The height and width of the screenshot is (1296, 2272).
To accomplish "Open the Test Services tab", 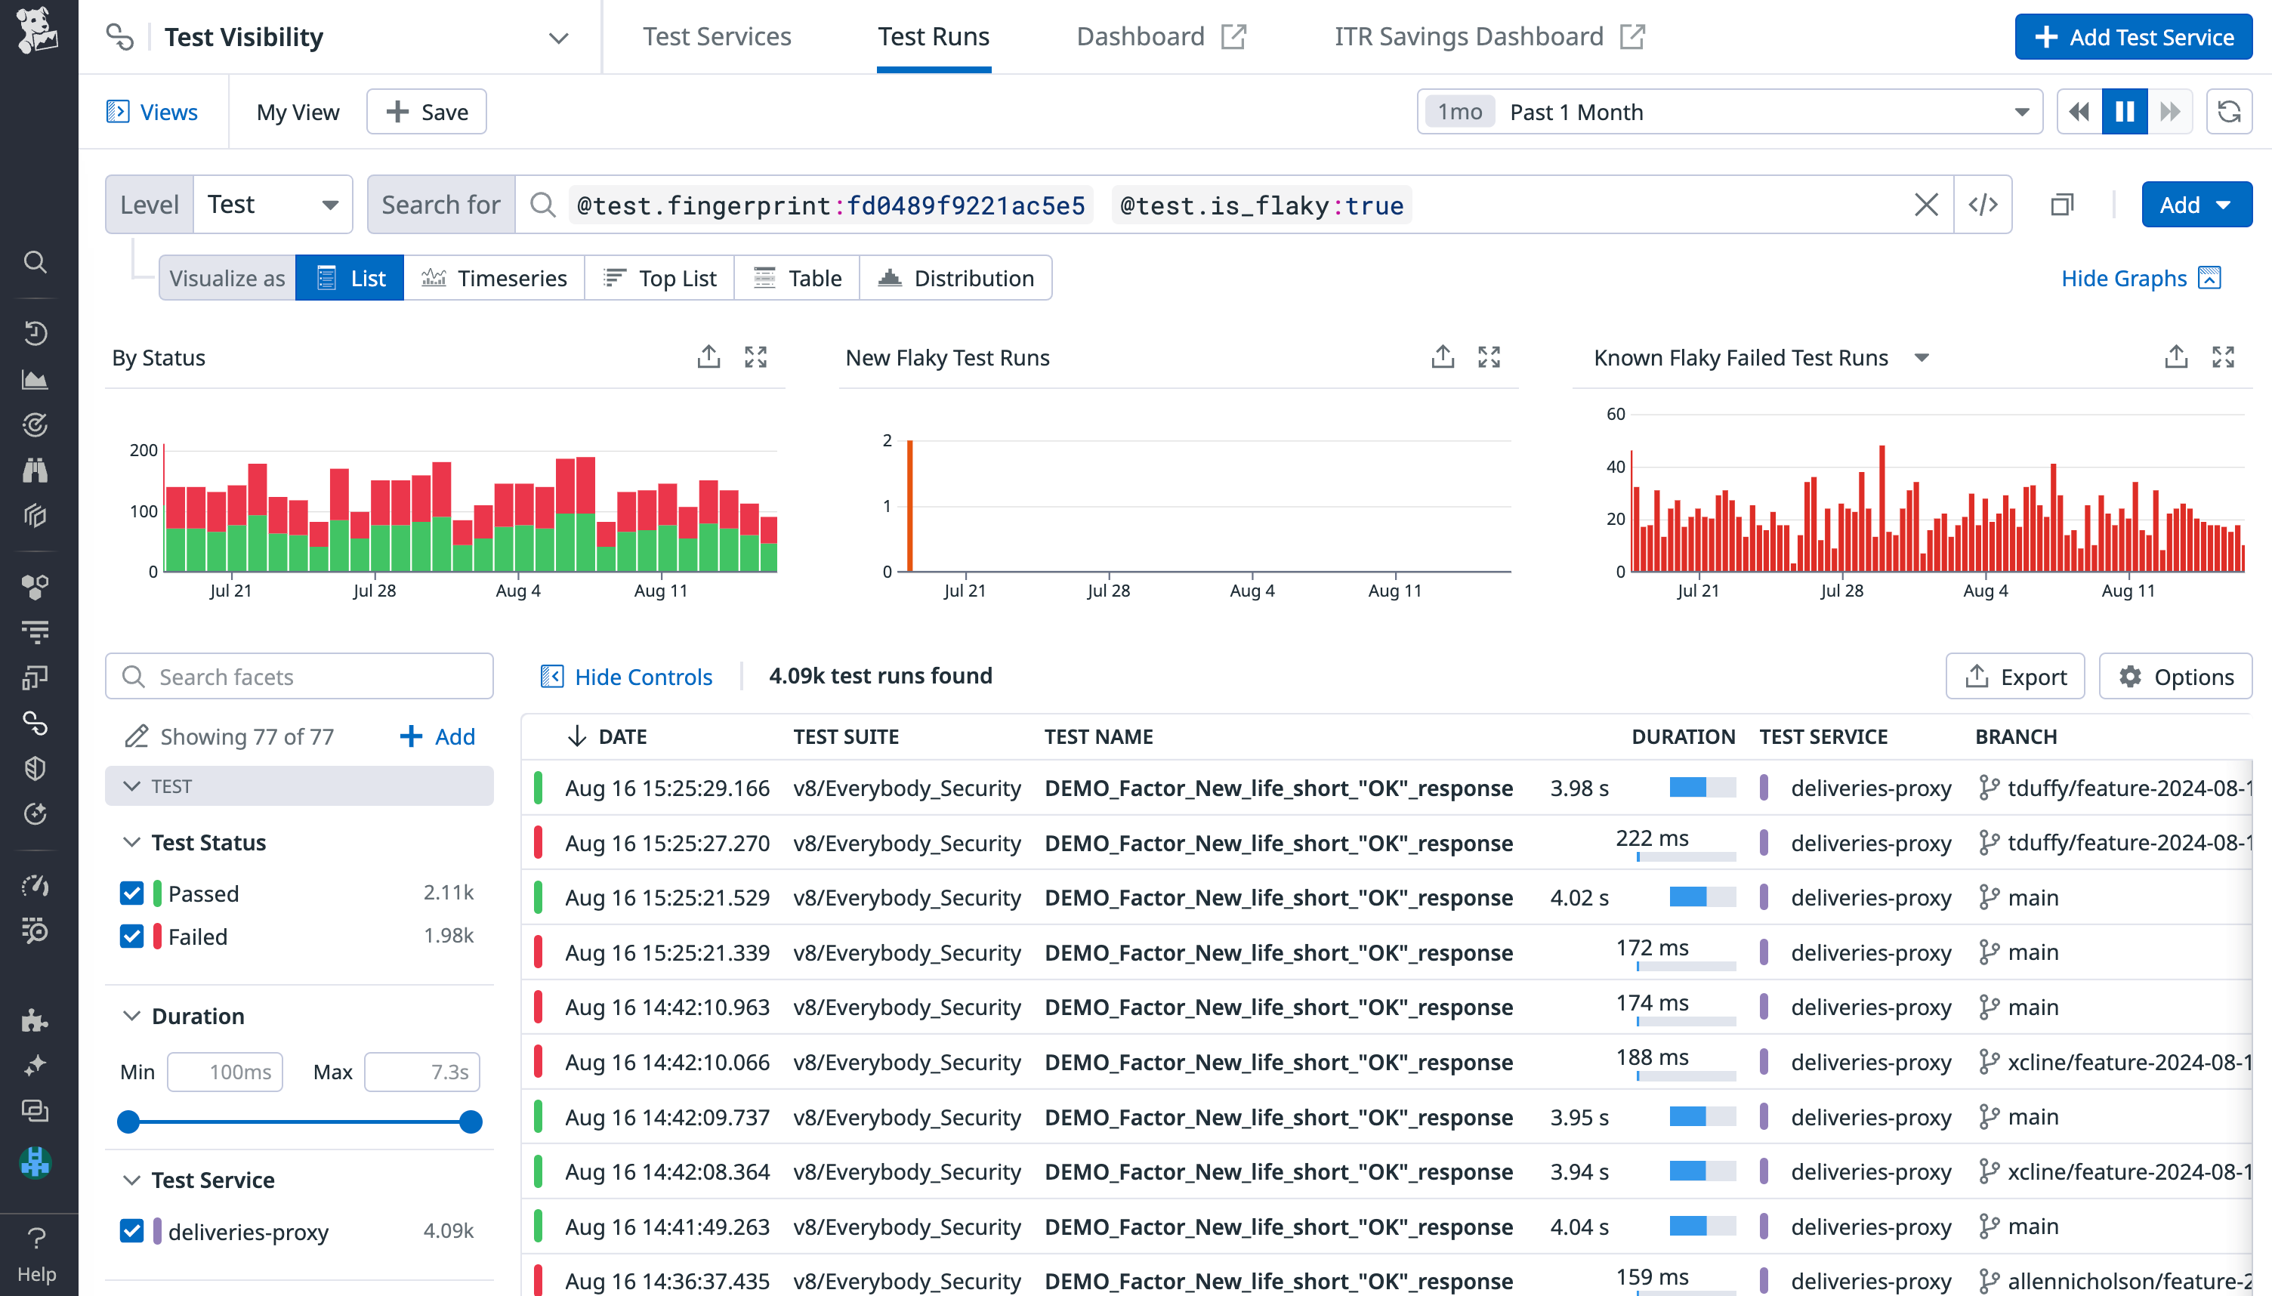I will pos(716,36).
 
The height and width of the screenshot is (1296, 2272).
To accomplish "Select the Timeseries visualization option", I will pos(494,279).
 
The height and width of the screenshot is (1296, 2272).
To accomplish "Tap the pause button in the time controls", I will pos(2124,112).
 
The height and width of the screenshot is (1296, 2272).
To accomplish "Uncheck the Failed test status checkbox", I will pos(131,937).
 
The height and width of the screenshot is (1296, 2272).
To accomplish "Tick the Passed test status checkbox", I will pos(131,893).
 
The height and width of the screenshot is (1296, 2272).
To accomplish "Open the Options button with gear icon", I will pos(2175,677).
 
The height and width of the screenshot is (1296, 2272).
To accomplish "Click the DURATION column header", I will pos(1683,737).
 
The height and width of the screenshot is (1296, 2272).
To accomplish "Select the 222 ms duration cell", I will pos(1652,838).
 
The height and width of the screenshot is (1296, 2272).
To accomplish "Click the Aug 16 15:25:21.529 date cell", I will pos(666,897).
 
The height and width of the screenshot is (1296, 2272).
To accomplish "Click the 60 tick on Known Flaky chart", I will pos(1615,414).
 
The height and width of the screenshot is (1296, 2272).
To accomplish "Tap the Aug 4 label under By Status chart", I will pos(518,591).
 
